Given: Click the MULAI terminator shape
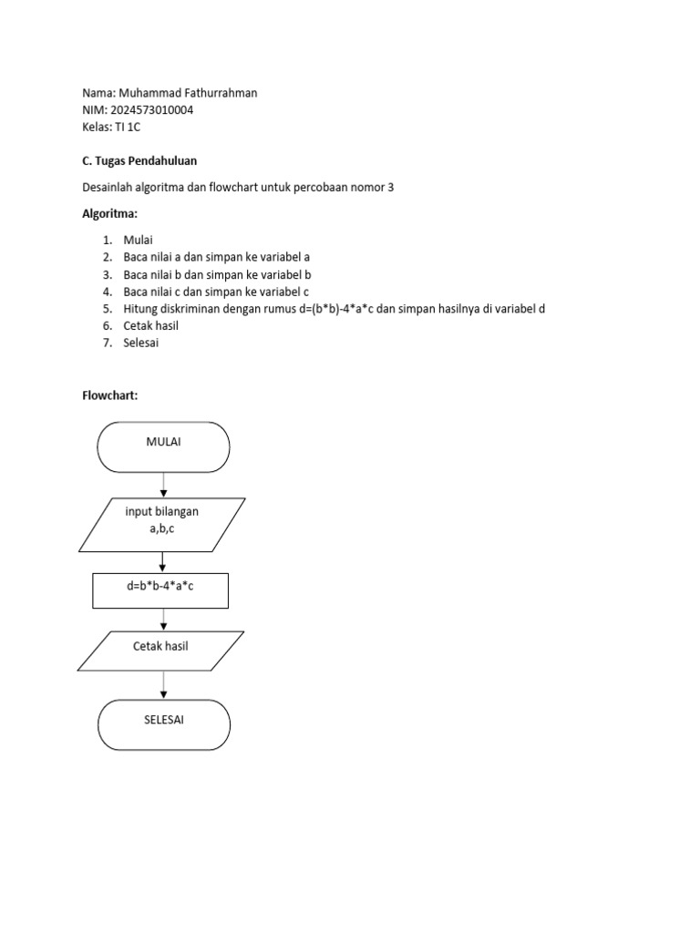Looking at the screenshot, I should (163, 446).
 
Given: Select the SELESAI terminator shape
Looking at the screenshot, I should (164, 724).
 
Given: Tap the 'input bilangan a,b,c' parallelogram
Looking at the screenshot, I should (162, 524).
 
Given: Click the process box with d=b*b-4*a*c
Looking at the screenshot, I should (160, 590).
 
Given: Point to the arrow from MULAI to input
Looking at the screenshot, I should (163, 485).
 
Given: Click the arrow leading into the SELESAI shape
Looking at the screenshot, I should (164, 685).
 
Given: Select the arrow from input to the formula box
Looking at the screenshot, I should (163, 561).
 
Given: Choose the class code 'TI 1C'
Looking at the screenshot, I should (129, 127).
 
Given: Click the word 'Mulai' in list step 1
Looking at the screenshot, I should (138, 240).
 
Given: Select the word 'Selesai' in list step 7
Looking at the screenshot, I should (141, 343).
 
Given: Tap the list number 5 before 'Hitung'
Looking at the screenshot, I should (106, 309).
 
